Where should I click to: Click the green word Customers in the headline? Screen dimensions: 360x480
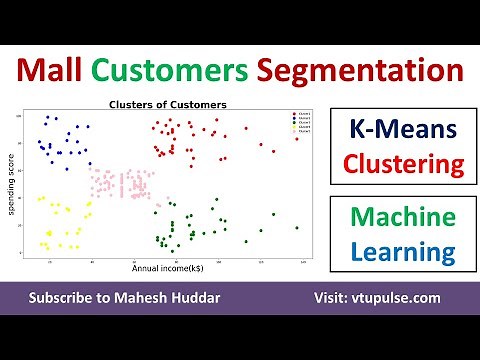pyautogui.click(x=190, y=71)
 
